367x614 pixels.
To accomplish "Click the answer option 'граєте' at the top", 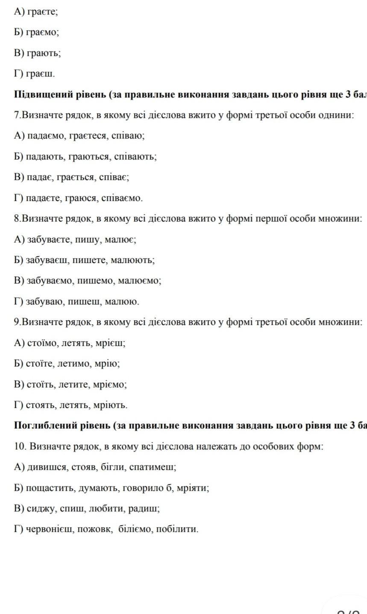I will (x=42, y=12).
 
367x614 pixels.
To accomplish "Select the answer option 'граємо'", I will (x=43, y=32).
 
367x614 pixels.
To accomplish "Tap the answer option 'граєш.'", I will (x=41, y=74).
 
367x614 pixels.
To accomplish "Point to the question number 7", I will (x=17, y=115).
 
